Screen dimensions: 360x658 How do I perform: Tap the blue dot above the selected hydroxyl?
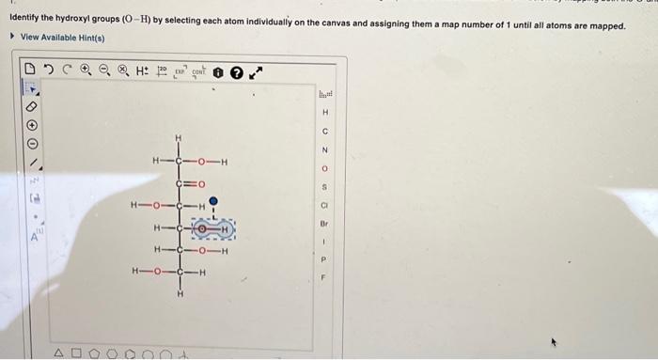click(214, 200)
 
